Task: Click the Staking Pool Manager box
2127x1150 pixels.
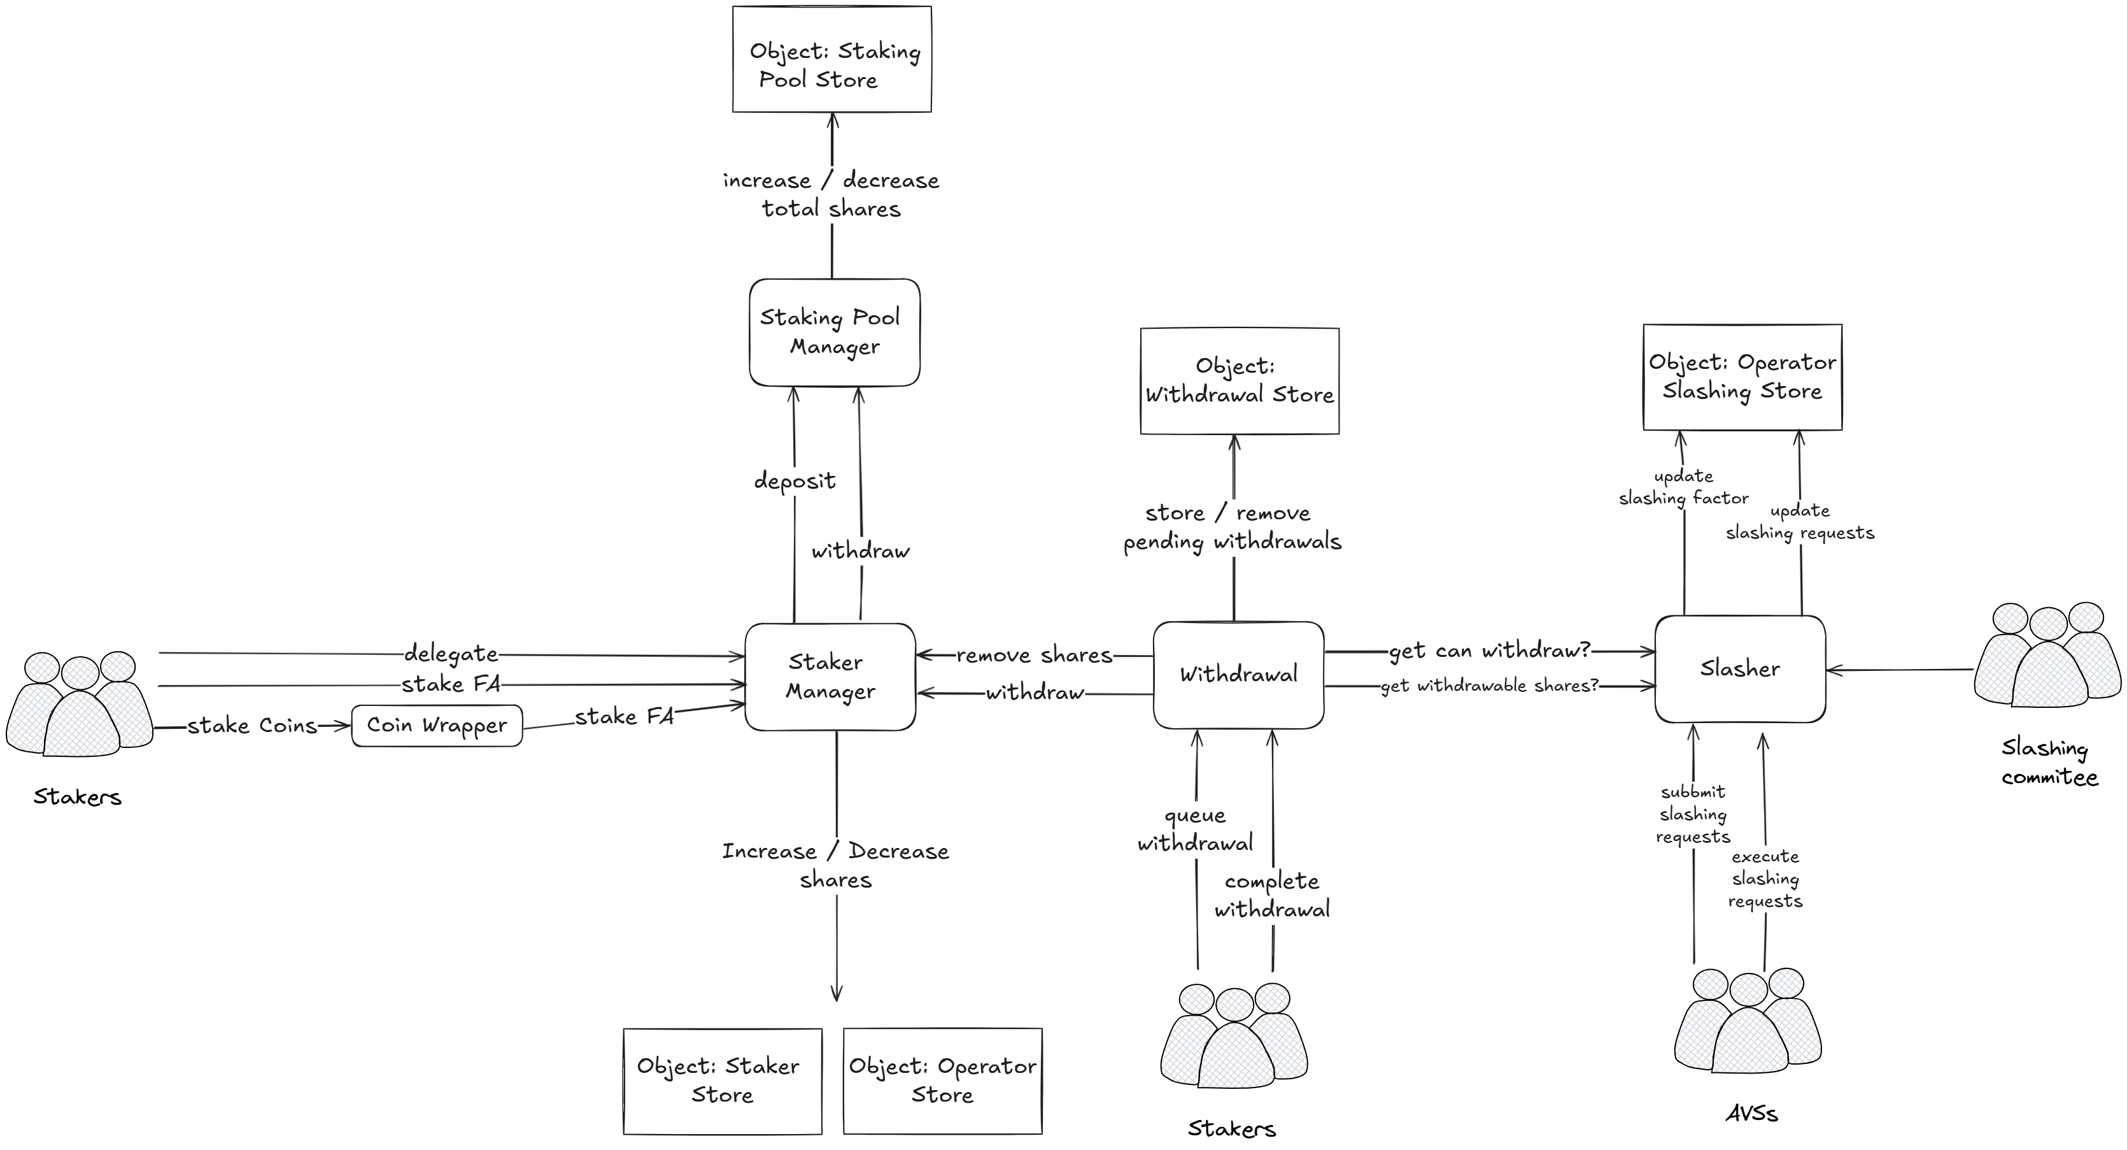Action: (x=834, y=332)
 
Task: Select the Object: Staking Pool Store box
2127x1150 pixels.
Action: (x=831, y=59)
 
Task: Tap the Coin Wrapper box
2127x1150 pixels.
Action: (x=437, y=725)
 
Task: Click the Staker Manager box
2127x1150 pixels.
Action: (x=830, y=677)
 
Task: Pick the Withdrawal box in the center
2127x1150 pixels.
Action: (x=1238, y=675)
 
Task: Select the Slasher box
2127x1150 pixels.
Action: (x=1740, y=669)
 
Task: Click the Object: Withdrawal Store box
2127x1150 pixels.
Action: (x=1238, y=381)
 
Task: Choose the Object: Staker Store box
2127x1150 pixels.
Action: (x=723, y=1081)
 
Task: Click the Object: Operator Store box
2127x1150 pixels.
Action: (x=942, y=1081)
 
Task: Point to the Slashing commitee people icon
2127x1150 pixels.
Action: (x=2047, y=656)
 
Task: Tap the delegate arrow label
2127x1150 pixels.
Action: (x=451, y=654)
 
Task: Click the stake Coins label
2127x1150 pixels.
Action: (x=252, y=725)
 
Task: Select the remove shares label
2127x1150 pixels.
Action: (x=1034, y=655)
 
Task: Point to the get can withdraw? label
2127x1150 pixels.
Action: (x=1488, y=651)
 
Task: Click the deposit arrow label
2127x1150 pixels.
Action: (x=795, y=481)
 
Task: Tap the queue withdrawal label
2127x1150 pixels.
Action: (x=1195, y=830)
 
